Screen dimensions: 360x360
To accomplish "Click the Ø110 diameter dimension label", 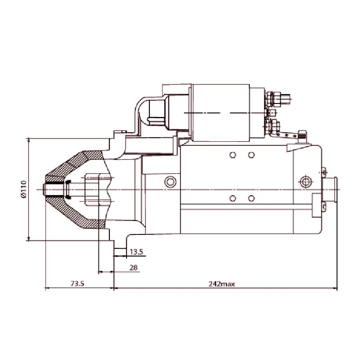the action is coord(24,189).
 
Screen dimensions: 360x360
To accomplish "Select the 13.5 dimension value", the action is coord(136,252).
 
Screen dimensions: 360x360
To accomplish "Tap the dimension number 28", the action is coord(134,267).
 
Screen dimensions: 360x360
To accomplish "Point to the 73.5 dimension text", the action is coord(77,284).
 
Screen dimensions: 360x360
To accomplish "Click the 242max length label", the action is coord(221,284).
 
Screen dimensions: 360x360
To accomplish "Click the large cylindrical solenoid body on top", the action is coord(220,113).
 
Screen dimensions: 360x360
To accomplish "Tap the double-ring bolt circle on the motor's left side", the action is coord(170,182).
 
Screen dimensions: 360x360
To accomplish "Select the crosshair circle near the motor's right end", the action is coord(306,182).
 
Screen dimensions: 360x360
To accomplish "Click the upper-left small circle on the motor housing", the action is coord(233,155).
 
